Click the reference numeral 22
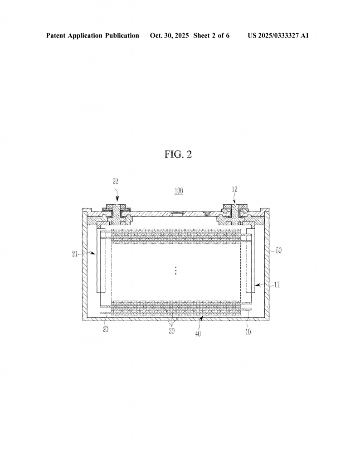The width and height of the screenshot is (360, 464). (116, 182)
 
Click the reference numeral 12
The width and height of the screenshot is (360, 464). (234, 189)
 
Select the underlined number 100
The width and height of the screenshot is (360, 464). (179, 191)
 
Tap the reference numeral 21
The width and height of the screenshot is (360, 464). (75, 254)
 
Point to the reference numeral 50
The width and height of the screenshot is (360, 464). (278, 250)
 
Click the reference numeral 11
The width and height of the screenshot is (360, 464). (277, 285)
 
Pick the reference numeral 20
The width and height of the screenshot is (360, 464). (105, 329)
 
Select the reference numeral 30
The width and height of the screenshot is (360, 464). (172, 331)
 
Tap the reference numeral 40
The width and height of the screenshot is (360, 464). (198, 333)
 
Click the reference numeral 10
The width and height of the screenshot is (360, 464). (248, 332)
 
